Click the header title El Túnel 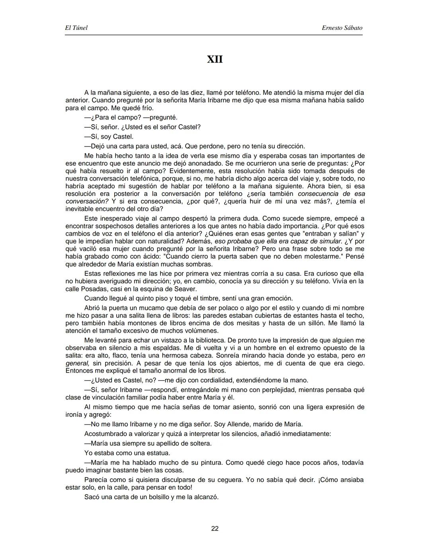coord(76,28)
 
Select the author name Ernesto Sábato coord(342,28)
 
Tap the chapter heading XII coord(215,59)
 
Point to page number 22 coord(215,529)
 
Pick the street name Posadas coord(92,289)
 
